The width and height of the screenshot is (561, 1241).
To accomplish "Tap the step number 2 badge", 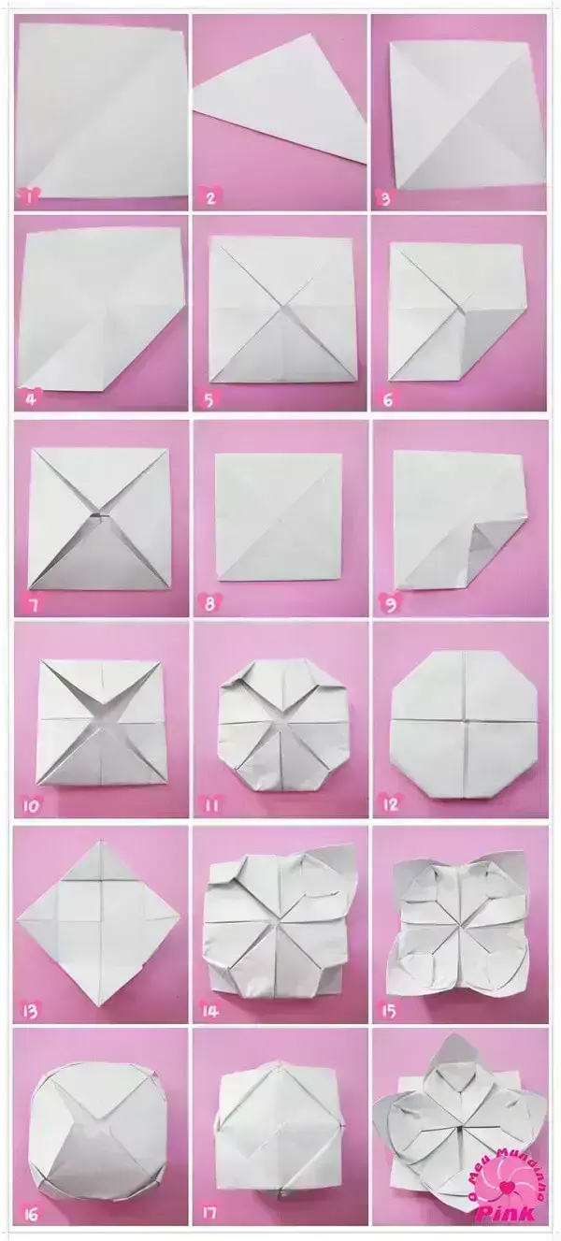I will click(209, 196).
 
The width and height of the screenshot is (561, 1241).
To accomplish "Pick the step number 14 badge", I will click(210, 1010).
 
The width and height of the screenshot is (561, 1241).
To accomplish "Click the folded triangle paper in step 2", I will click(280, 103).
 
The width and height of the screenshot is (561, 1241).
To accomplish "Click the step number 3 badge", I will click(384, 197).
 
